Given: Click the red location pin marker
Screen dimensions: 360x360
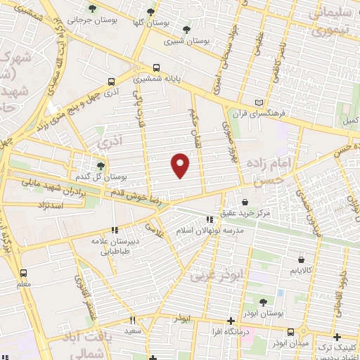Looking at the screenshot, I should coord(181,165).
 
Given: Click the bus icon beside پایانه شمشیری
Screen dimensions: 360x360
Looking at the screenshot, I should coord(155,69).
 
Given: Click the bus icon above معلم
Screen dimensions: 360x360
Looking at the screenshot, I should coord(25,273).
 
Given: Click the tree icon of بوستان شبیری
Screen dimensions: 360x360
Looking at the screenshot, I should coord(186,30).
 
